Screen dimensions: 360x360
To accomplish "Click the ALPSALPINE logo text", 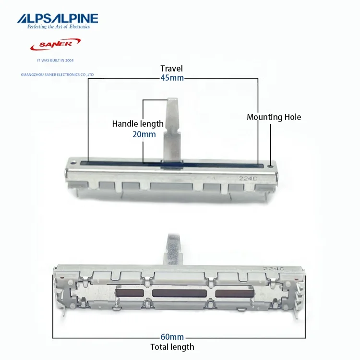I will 57,19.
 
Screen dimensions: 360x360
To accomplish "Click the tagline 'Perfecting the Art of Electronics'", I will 57,27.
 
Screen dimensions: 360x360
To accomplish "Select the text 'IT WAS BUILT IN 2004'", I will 55,61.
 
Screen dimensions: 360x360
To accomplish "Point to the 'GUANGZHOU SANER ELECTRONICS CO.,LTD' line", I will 58,75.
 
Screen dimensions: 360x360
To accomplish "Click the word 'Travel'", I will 171,69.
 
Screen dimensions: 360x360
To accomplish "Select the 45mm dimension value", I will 171,78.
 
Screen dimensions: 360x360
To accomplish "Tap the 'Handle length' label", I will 138,124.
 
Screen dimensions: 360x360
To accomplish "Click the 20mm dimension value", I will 144,134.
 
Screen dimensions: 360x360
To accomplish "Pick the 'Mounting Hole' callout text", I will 274,117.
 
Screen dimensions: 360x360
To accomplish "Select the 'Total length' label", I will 172,347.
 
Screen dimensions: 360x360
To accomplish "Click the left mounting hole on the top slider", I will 73,162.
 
